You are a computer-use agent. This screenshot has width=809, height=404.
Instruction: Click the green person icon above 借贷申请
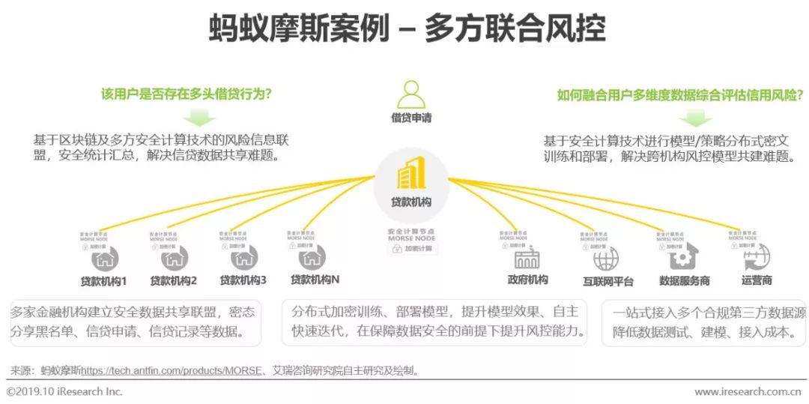[410, 95]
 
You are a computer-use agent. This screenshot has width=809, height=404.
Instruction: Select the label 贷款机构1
[103, 281]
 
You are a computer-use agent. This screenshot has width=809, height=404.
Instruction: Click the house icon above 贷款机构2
[174, 259]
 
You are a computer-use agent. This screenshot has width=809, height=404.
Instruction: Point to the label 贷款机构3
[243, 280]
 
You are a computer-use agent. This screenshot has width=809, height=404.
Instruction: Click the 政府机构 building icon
[527, 259]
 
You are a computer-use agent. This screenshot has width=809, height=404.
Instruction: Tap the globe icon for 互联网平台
[606, 259]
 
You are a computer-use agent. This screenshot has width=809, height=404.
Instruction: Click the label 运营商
[757, 280]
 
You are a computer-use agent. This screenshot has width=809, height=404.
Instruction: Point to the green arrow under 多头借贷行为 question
[198, 117]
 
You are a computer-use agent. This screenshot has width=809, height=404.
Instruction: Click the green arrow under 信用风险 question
[697, 117]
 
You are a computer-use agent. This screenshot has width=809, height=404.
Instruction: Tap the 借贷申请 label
[410, 118]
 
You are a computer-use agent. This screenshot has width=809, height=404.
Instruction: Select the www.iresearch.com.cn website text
[748, 392]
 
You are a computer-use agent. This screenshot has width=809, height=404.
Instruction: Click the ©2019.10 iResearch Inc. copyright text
[64, 392]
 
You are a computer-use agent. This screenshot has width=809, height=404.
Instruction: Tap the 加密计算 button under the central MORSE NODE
[411, 250]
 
